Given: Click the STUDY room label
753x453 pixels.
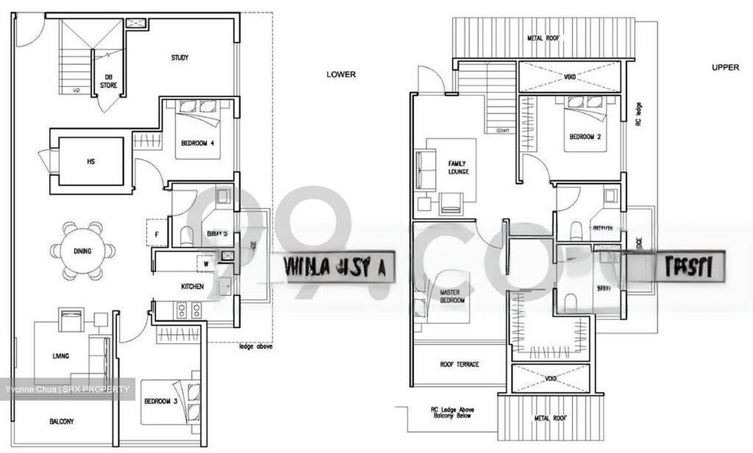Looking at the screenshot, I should pos(179,58).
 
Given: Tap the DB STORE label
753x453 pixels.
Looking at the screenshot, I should pos(109,81).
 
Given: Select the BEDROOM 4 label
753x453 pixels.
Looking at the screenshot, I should pos(198,143).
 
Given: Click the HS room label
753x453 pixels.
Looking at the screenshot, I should pos(91,162).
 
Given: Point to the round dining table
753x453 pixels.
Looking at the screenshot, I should pos(83,251).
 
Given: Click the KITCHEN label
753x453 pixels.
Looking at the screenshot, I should pos(192,287).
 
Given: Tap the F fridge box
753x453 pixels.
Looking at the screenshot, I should pos(157,235).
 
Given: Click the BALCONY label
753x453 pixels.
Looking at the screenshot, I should pos(62,421).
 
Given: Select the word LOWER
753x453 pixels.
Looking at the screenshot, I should pos(341,74).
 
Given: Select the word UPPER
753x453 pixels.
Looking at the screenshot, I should pos(725,67).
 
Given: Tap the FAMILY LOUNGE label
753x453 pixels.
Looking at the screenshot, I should pos(458,167).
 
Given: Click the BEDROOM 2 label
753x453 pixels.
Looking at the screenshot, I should pos(585,137).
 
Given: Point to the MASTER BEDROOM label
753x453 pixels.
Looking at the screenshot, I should pos(452,297).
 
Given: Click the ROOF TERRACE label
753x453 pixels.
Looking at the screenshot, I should pos(460,364).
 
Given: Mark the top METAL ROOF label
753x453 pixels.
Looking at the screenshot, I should pos(543,38).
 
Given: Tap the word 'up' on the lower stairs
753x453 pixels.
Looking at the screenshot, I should pos(76,90).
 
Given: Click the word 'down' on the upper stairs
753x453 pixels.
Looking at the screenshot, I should pos(503,130).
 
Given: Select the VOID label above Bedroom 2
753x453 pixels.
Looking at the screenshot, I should pos(569,77).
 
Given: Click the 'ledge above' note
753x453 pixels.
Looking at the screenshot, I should pos(256,346).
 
